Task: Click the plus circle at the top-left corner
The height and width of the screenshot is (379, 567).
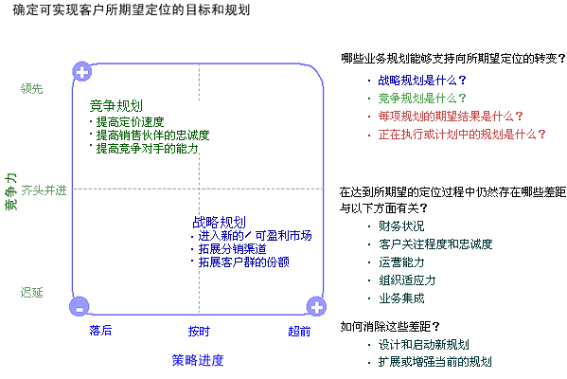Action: (82, 72)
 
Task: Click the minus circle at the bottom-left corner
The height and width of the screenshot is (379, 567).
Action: (80, 307)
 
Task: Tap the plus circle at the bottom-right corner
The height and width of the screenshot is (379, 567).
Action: (316, 307)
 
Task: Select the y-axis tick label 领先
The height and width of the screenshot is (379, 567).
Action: (32, 89)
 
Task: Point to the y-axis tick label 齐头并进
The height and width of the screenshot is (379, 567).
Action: (44, 190)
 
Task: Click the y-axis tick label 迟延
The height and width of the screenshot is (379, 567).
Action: (32, 293)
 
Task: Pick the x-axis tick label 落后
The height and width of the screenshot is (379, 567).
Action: (100, 331)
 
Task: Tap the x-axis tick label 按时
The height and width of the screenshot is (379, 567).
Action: (199, 332)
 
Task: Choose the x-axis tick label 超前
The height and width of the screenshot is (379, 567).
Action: (299, 332)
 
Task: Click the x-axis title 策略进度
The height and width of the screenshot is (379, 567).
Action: (198, 361)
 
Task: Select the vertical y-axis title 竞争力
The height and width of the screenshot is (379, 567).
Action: (10, 191)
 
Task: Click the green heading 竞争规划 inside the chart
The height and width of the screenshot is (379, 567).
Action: (116, 106)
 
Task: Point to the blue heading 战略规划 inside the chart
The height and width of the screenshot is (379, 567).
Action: (220, 222)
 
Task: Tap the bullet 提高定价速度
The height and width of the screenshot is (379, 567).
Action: (131, 122)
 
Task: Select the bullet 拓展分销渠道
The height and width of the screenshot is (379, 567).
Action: (233, 249)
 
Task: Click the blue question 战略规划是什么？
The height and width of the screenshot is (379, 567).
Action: (422, 80)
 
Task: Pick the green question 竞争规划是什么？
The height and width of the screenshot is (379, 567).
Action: (422, 99)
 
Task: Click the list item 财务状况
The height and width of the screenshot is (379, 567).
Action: (401, 226)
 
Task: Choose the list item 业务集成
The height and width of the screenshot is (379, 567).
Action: (401, 298)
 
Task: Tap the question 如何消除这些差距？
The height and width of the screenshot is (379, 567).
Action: (390, 327)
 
